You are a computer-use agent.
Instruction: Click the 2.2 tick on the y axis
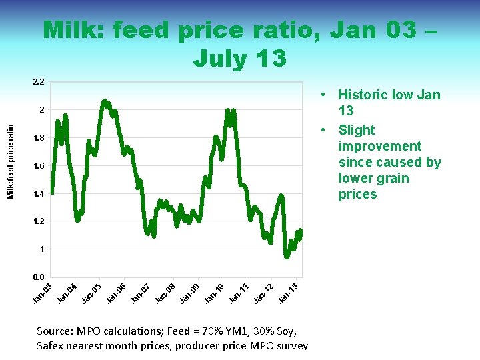[x=39, y=82]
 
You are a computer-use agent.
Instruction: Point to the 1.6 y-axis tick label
[x=39, y=166]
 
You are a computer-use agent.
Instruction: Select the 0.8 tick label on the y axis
[x=39, y=277]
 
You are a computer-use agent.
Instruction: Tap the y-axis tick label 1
[x=42, y=249]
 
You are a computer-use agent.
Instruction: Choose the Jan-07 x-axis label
[x=141, y=292]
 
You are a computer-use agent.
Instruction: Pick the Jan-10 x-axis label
[x=214, y=292]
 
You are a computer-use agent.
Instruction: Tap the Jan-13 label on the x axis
[x=288, y=292]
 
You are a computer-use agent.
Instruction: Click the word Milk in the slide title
[x=73, y=31]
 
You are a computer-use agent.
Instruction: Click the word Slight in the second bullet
[x=357, y=130]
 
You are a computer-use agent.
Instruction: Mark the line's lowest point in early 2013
[x=287, y=257]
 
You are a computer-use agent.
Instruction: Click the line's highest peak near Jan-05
[x=104, y=101]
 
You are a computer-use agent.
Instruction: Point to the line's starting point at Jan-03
[x=52, y=193]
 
